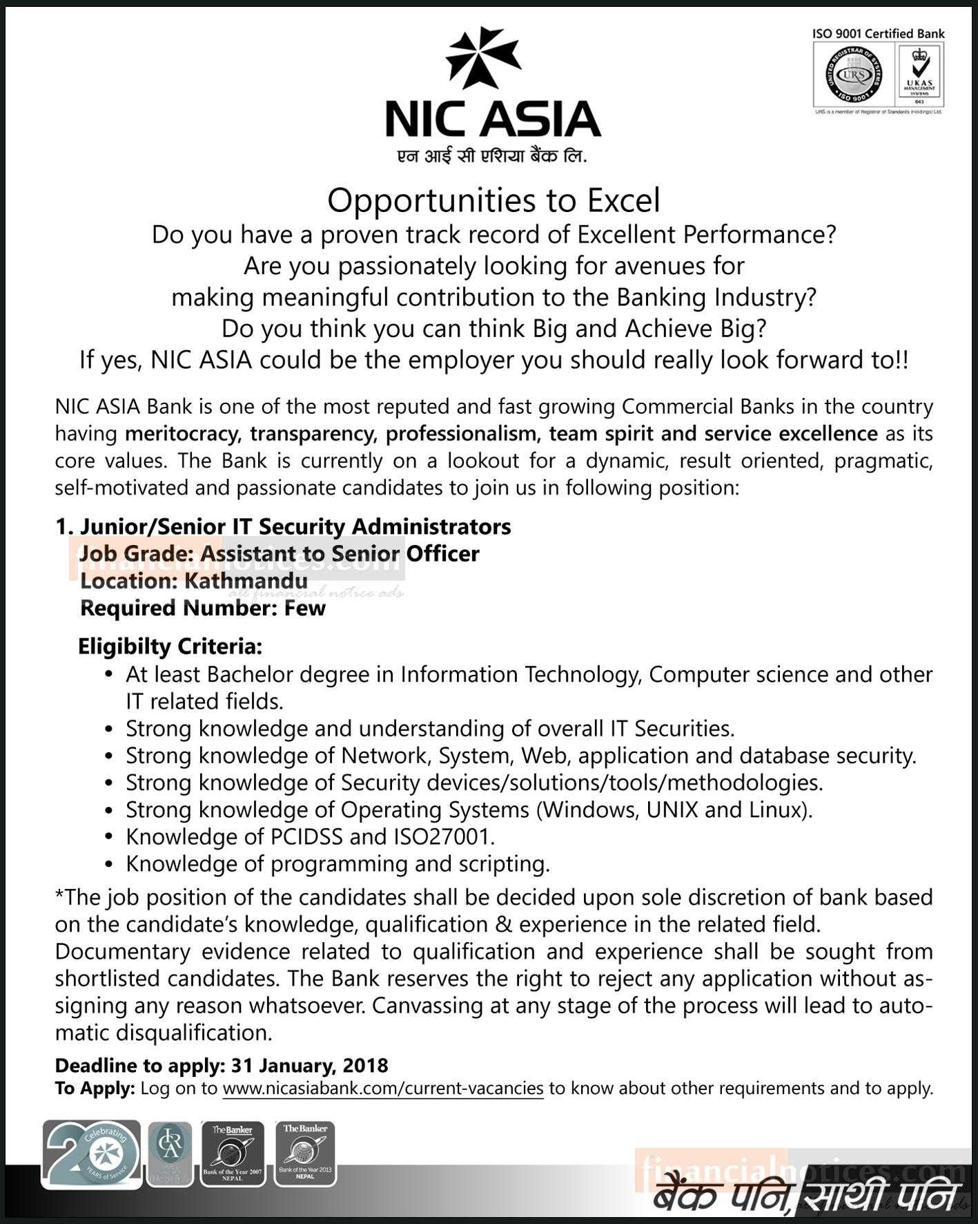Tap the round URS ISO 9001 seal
(853, 75)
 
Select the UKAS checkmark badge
(919, 74)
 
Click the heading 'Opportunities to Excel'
(493, 200)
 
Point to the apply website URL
(383, 1089)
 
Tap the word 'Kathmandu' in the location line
(245, 581)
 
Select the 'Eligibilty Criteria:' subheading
(170, 647)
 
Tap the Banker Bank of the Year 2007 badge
(233, 1154)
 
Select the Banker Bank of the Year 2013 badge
(304, 1153)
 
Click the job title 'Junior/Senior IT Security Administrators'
(295, 526)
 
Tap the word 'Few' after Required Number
(304, 608)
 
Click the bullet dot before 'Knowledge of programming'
(108, 865)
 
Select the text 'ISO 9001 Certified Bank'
(878, 33)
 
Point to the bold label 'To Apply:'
(95, 1089)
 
